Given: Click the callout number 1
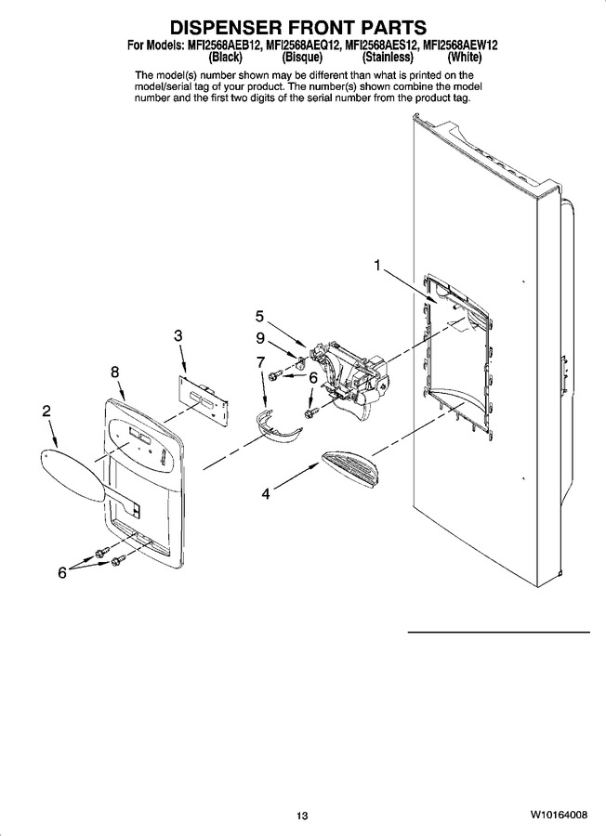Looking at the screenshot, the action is tap(377, 265).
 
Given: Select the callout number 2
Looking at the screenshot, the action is tap(46, 411).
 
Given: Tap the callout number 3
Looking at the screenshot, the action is tap(178, 336).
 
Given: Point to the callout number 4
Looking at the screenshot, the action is tap(265, 494).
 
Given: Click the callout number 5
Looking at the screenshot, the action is tap(259, 317).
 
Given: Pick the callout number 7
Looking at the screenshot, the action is tap(260, 362).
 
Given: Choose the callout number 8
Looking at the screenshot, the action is tap(115, 372).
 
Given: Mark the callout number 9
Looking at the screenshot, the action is tap(260, 338).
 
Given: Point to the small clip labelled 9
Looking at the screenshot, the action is tap(302, 363).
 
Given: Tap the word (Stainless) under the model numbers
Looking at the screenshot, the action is tap(388, 56).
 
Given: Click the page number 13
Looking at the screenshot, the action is tap(302, 816).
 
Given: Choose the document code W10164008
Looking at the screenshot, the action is tap(559, 815).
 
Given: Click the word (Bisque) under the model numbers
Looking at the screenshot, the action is tap(301, 56).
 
